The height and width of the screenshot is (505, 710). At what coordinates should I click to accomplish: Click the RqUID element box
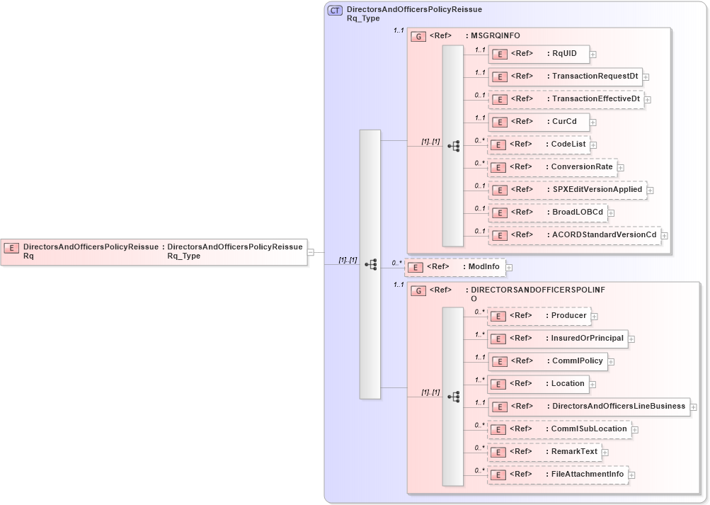point(538,54)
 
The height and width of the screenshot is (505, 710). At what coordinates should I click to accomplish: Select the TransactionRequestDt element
point(564,76)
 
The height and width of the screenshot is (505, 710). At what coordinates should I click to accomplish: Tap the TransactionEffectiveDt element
point(565,99)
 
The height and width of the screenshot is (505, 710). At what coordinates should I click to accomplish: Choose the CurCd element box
point(538,122)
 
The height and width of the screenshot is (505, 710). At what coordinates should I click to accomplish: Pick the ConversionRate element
point(552,167)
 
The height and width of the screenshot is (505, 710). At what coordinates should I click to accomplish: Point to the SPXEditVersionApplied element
point(567,190)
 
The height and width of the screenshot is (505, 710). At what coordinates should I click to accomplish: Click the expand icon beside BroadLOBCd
point(611,213)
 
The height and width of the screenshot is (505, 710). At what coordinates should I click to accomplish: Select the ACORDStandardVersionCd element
point(574,235)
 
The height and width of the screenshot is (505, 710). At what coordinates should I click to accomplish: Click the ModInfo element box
point(454,267)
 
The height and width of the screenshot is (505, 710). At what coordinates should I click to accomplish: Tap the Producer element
point(539,316)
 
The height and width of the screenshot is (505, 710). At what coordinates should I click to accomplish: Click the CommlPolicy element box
point(547,361)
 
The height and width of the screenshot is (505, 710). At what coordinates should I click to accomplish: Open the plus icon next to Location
point(593,385)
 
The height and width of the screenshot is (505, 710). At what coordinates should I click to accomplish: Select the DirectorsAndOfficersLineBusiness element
point(588,407)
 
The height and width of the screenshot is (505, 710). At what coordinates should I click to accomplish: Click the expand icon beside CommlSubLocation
point(635,430)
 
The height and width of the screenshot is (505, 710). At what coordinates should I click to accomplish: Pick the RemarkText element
point(544,452)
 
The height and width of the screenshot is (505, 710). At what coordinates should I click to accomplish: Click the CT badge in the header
point(335,11)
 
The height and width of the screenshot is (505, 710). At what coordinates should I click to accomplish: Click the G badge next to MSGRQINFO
point(418,36)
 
